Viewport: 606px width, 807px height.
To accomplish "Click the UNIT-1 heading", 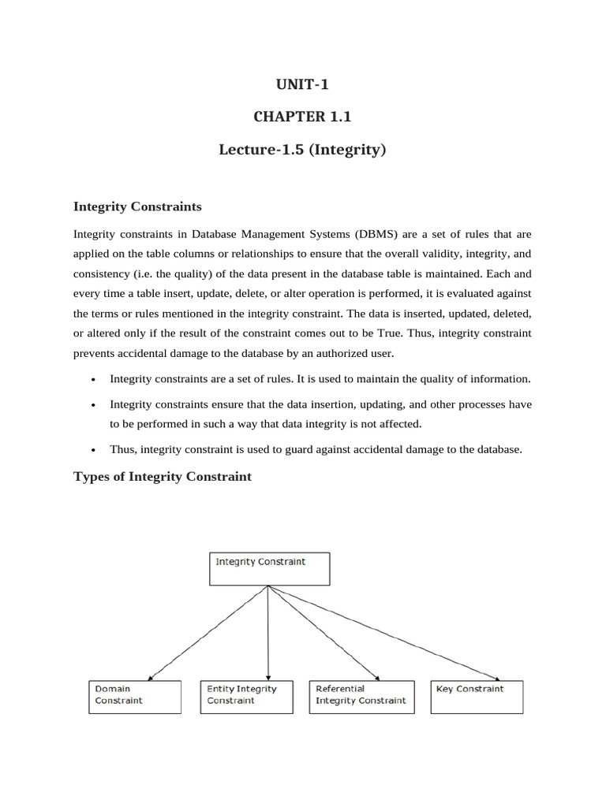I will (302, 85).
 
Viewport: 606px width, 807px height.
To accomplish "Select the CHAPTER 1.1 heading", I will (302, 117).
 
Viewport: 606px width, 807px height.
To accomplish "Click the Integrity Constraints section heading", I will (137, 207).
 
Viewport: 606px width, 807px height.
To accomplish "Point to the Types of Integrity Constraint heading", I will (163, 476).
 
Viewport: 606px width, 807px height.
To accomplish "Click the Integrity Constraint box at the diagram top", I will (269, 568).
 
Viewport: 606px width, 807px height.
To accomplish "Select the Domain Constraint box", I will (134, 697).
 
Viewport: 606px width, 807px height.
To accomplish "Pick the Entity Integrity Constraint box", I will (246, 697).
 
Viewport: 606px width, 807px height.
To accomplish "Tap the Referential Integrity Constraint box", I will (361, 697).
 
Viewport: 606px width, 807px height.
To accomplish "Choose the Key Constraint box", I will (477, 697).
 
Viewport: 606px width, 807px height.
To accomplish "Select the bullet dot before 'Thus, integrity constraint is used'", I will (94, 450).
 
